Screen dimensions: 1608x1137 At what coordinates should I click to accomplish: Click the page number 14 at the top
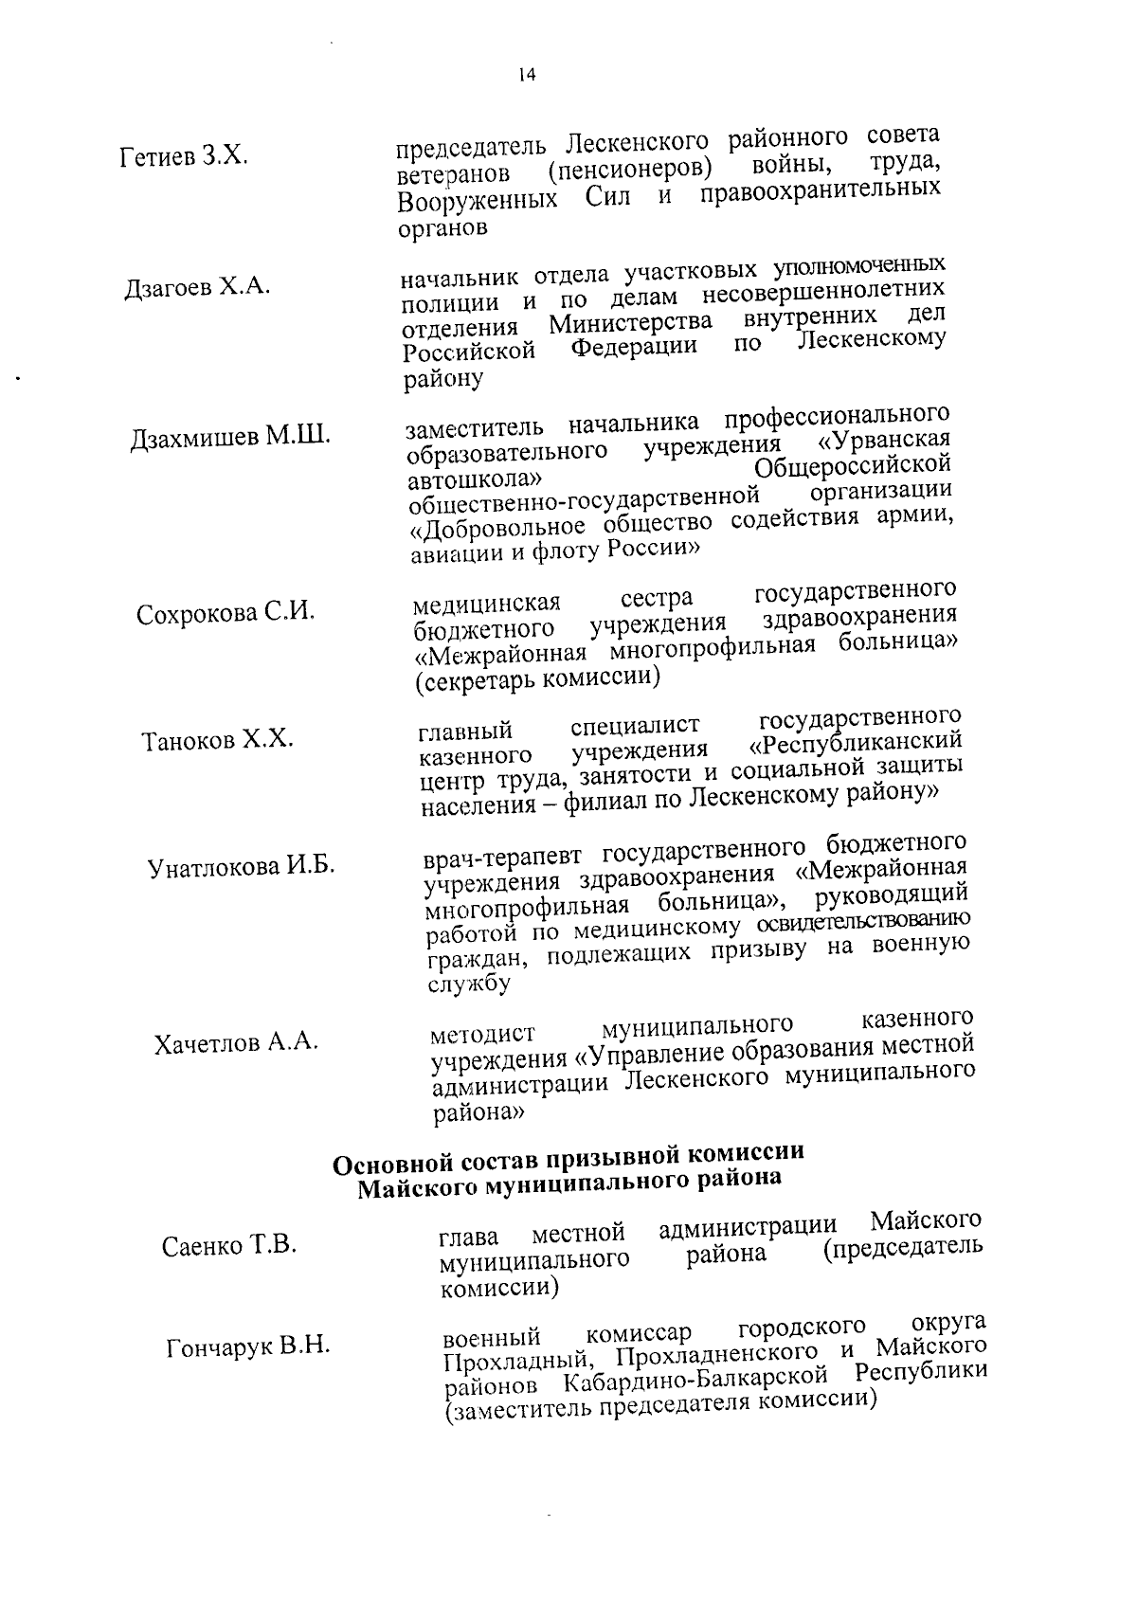pyautogui.click(x=527, y=76)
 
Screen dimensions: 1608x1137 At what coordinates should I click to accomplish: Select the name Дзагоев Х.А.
pyautogui.click(x=197, y=287)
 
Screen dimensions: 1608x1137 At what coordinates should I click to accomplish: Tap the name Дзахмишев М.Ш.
pyautogui.click(x=230, y=438)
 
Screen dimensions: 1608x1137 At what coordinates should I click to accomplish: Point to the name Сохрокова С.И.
pyautogui.click(x=226, y=613)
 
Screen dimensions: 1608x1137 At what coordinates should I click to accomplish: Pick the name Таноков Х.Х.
pyautogui.click(x=218, y=740)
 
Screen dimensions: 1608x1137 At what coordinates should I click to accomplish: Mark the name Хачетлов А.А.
pyautogui.click(x=236, y=1043)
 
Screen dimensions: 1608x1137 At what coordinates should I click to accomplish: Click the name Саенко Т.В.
pyautogui.click(x=229, y=1245)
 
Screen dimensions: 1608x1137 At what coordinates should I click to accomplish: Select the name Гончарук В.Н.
pyautogui.click(x=248, y=1346)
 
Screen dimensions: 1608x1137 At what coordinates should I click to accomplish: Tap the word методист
pyautogui.click(x=482, y=1033)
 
